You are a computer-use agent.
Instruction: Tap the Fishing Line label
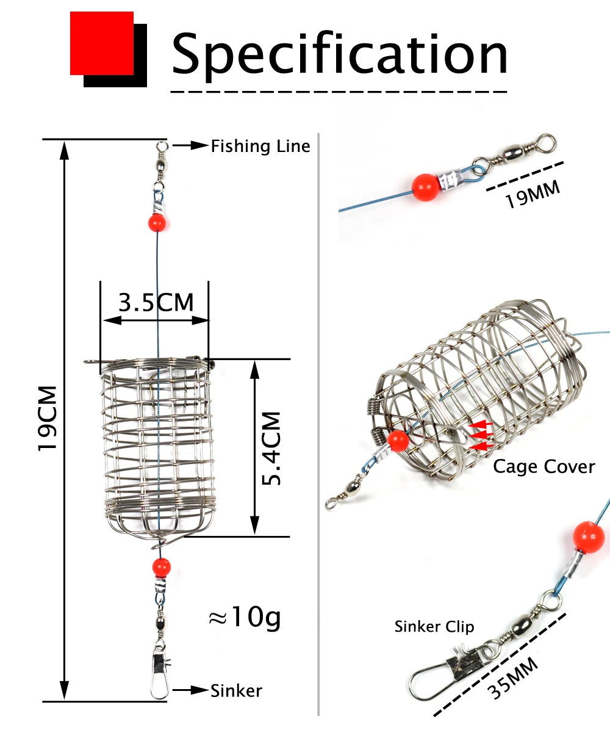click(260, 146)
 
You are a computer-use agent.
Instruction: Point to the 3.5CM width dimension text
click(156, 302)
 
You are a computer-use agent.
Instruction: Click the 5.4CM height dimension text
click(271, 448)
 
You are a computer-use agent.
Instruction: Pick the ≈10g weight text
click(244, 617)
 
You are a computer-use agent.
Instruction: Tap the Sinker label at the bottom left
click(236, 690)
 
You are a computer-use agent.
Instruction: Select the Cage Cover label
click(544, 466)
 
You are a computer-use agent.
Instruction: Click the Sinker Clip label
click(434, 627)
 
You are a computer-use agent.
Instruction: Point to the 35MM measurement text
click(513, 679)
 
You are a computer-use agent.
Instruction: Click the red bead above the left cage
click(157, 222)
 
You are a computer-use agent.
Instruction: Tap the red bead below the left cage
click(161, 568)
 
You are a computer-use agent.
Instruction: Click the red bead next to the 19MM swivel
click(425, 187)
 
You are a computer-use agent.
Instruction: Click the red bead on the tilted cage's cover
click(398, 441)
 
